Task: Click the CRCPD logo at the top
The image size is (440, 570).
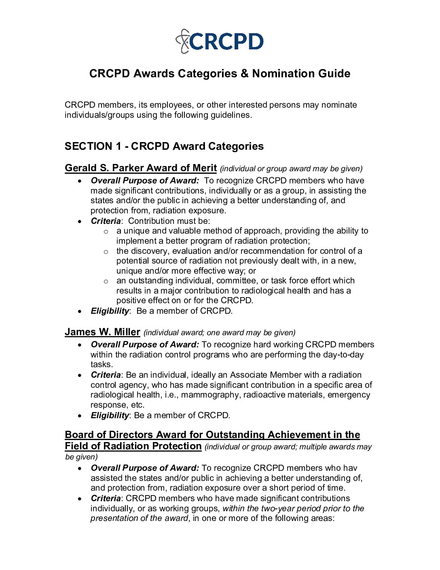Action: pos(220,41)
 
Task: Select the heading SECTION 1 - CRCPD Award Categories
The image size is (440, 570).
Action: pos(164,146)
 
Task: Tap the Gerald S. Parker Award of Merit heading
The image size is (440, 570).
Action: pos(140,168)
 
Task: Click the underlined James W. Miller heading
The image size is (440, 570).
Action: pos(102,332)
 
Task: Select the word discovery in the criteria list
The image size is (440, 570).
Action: pos(148,251)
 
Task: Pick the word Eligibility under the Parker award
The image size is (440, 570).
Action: pos(110,311)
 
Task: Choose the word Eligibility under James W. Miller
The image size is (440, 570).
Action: pos(110,415)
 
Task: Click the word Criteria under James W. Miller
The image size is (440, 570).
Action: pos(106,375)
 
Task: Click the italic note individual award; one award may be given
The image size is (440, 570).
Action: pos(220,333)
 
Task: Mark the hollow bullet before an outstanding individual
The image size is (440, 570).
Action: pos(106,281)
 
